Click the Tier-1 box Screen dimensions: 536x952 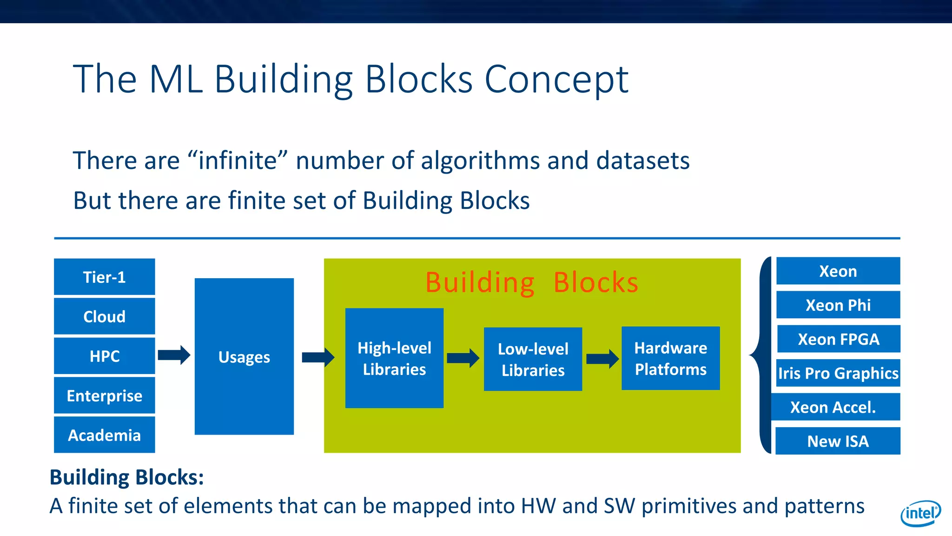click(x=104, y=277)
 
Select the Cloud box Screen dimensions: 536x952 click(x=104, y=316)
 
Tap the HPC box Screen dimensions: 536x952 click(x=104, y=356)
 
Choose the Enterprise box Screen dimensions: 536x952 click(x=104, y=395)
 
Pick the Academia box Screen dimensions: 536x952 click(x=104, y=435)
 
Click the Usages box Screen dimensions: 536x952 click(x=244, y=356)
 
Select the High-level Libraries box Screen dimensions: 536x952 click(x=394, y=358)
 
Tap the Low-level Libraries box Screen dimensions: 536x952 click(x=533, y=359)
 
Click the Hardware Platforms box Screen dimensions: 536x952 click(x=670, y=358)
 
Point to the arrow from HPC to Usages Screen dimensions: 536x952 click(x=174, y=355)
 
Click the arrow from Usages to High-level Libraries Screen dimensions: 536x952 click(x=318, y=357)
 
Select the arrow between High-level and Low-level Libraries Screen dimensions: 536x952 click(x=463, y=358)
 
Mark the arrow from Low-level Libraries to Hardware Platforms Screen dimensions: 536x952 click(x=602, y=359)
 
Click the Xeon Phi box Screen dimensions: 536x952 click(x=838, y=305)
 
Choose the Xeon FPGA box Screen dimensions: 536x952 click(x=838, y=339)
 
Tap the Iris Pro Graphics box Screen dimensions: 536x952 click(x=838, y=373)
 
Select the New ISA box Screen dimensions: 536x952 click(x=838, y=441)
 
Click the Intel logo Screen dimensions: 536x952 click(x=920, y=513)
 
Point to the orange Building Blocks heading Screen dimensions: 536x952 click(x=532, y=282)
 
